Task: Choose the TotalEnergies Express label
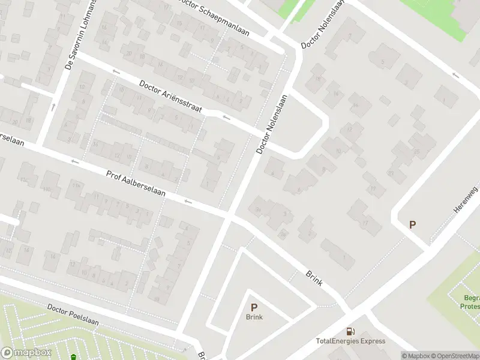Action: coord(350,341)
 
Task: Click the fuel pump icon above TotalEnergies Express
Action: coord(350,331)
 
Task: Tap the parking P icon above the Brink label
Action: coord(254,307)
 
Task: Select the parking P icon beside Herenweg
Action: coord(412,225)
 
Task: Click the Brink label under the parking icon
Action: coord(254,317)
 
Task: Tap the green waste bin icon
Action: coord(73,357)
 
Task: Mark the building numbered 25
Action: coord(415,151)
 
